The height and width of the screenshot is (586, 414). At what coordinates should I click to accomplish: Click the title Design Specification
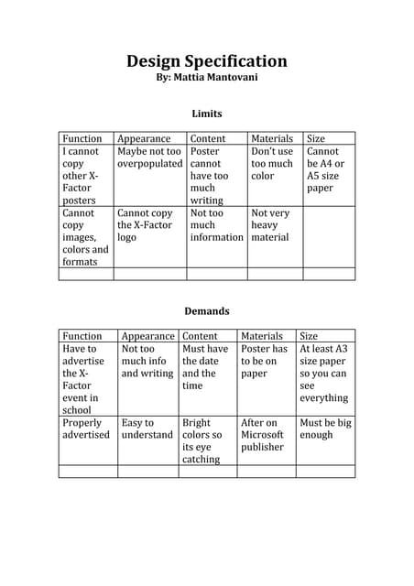[206, 62]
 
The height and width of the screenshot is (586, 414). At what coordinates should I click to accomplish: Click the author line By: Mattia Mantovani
[206, 80]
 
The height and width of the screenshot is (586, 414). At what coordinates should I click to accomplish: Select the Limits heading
[206, 114]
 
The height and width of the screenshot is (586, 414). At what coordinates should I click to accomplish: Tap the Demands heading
[206, 310]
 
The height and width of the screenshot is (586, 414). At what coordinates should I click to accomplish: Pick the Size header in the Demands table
[310, 336]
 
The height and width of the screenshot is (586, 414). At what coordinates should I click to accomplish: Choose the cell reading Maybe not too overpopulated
[149, 157]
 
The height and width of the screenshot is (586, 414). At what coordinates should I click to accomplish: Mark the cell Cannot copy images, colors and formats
[85, 236]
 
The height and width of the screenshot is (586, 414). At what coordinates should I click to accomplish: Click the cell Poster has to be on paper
[264, 361]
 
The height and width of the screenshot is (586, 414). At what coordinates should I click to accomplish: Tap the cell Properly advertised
[85, 429]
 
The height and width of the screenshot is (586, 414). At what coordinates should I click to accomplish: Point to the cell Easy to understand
[147, 429]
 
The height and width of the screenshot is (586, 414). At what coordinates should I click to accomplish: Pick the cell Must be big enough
[325, 429]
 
